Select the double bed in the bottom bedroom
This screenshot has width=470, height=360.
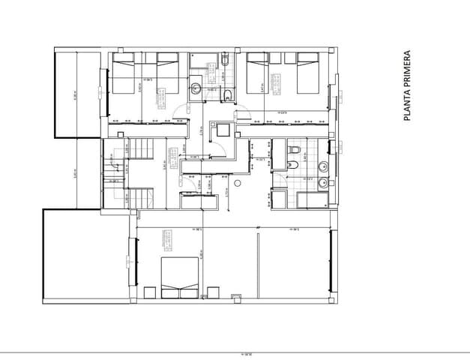click(x=181, y=277)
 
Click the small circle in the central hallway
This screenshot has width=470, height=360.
click(x=236, y=182)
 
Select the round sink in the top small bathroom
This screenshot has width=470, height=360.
click(x=195, y=88)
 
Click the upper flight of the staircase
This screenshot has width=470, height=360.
click(x=142, y=150)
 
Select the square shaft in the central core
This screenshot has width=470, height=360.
click(x=223, y=130)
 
